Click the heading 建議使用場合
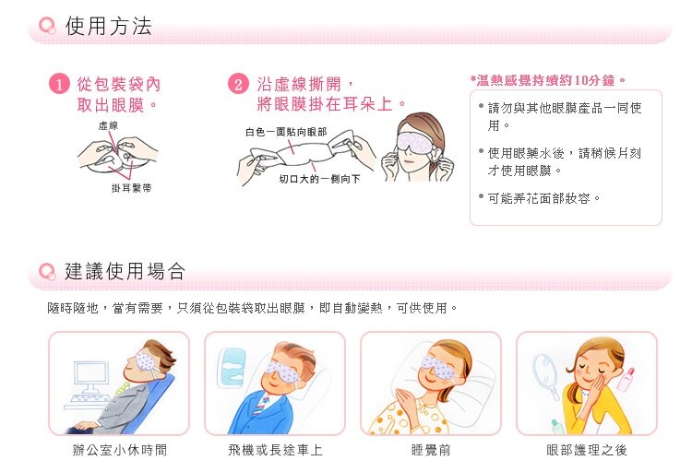click(125, 271)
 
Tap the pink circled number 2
click(239, 85)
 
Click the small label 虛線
click(107, 124)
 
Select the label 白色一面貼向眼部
click(286, 133)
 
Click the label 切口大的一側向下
click(319, 177)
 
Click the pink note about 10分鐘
click(549, 80)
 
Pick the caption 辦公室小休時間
click(119, 450)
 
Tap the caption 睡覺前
click(431, 450)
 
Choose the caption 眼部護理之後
click(587, 450)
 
